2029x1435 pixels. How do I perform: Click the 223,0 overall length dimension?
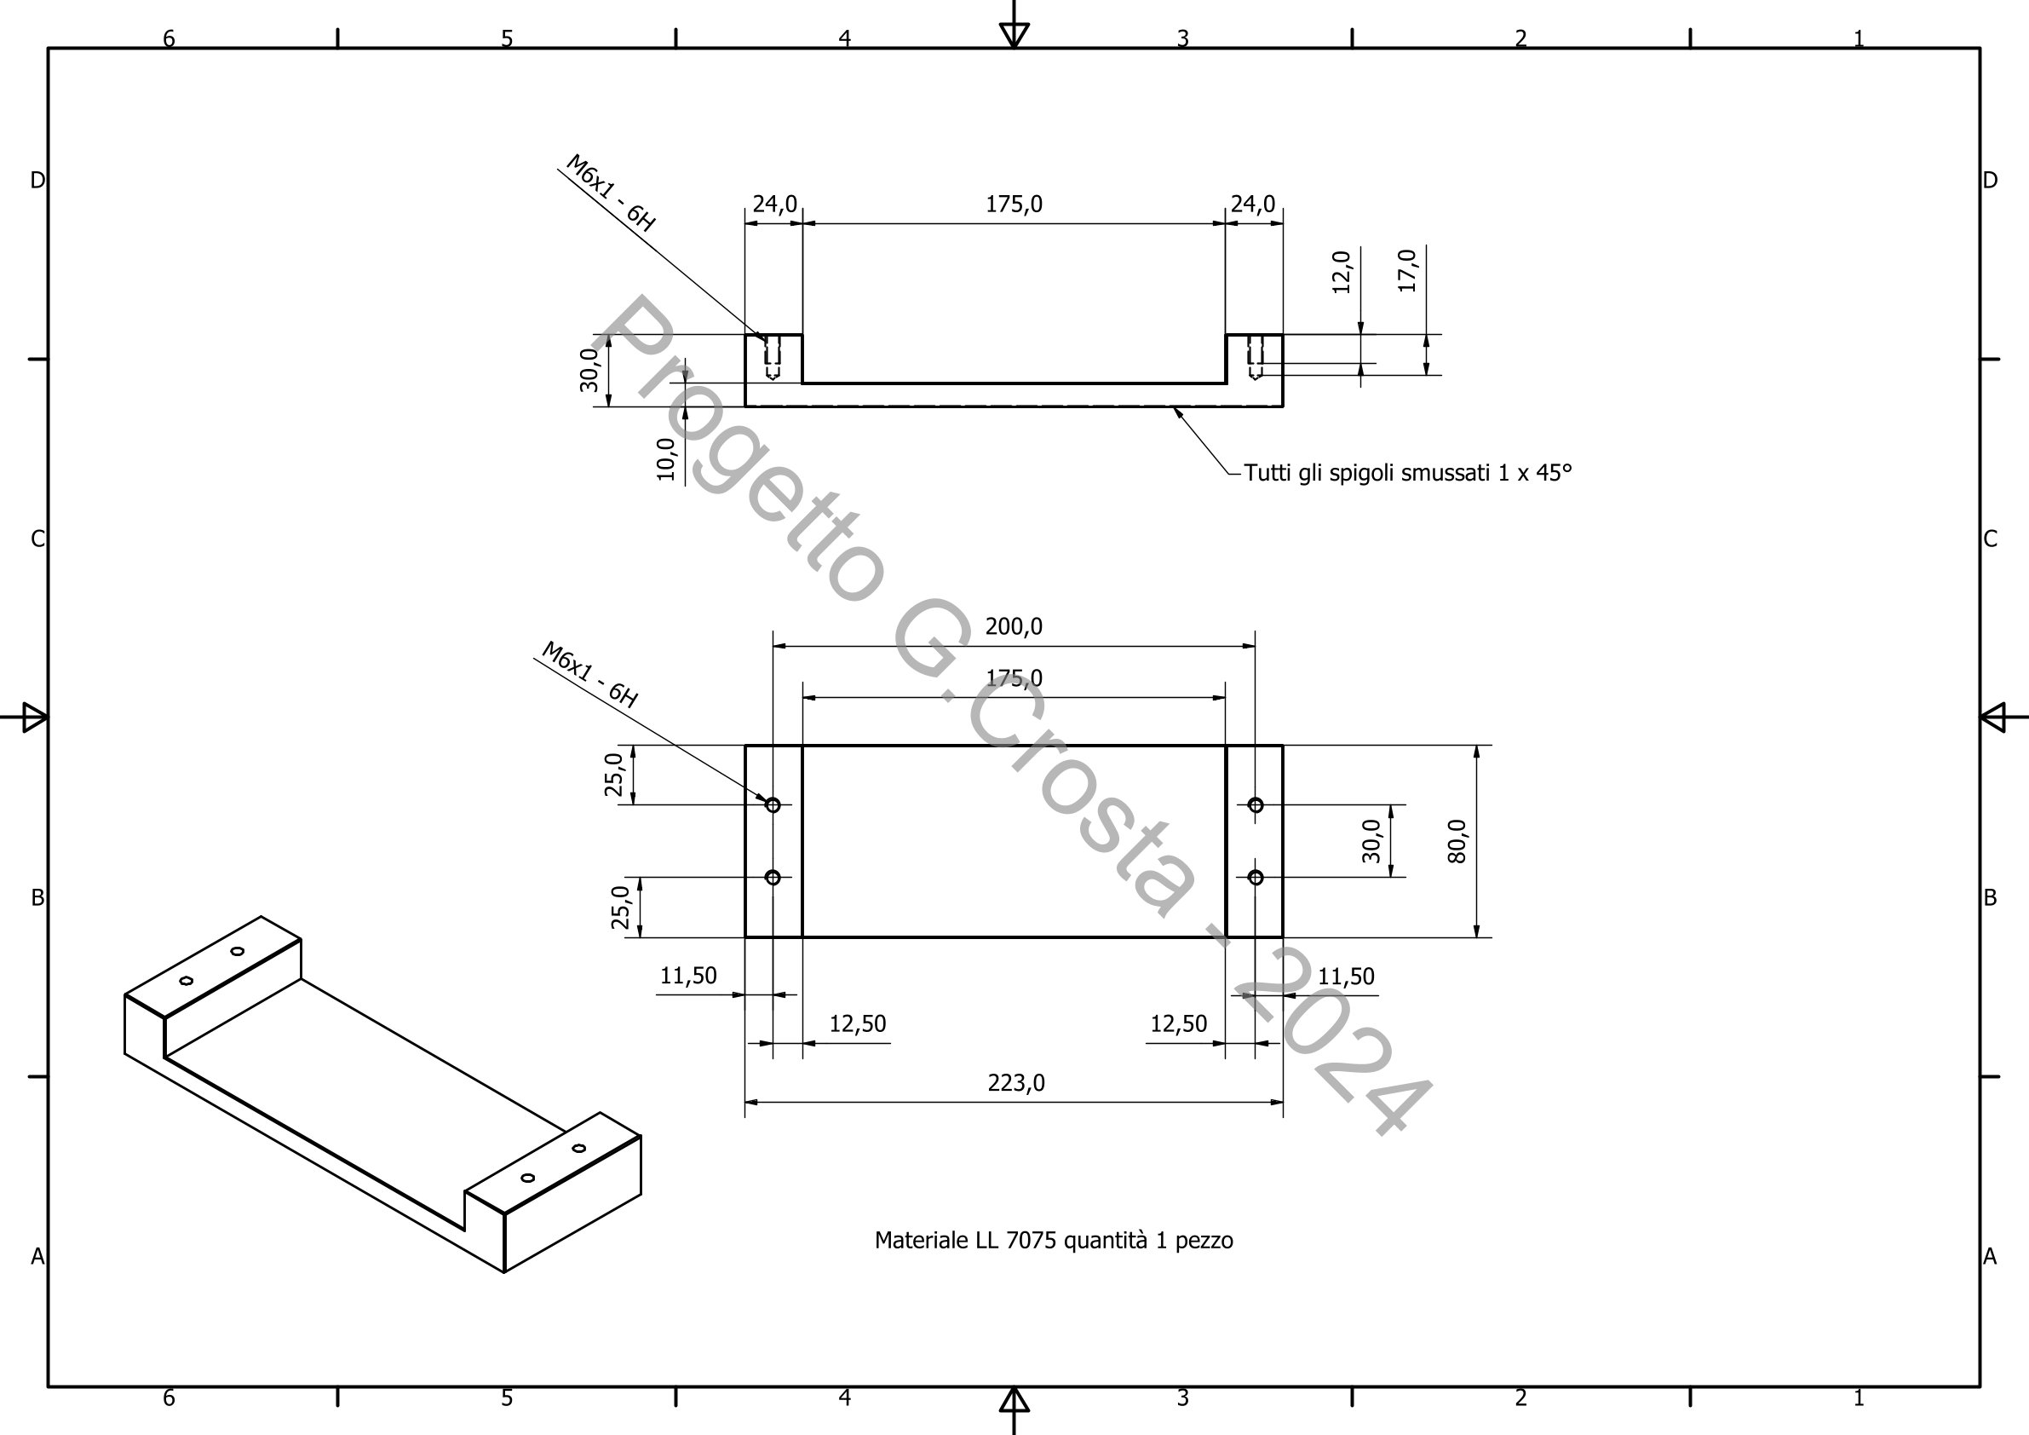[1015, 1083]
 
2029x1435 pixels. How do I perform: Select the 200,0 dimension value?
[1014, 627]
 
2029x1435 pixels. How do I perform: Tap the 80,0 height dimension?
[1457, 841]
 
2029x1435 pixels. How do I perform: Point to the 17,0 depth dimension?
[1408, 271]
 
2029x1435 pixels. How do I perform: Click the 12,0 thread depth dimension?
[1342, 272]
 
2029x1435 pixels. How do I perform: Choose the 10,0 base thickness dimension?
[666, 459]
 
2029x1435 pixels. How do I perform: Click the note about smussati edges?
[1407, 473]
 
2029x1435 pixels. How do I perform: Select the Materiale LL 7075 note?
[1054, 1241]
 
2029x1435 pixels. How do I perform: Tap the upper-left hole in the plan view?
[773, 804]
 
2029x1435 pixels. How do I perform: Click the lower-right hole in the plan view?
[1255, 877]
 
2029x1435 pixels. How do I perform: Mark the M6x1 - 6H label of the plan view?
[589, 675]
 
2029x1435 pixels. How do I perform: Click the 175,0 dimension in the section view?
[1014, 205]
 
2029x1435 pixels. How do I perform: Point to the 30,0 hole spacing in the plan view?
[1371, 841]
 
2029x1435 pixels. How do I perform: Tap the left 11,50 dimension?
[688, 976]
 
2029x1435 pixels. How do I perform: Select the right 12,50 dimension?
[1178, 1024]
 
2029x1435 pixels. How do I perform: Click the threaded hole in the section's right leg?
[1255, 356]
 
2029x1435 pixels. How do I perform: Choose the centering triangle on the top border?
[1014, 34]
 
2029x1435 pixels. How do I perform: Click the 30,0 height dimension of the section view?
[589, 371]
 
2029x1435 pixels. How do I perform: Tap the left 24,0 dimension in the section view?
[774, 205]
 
